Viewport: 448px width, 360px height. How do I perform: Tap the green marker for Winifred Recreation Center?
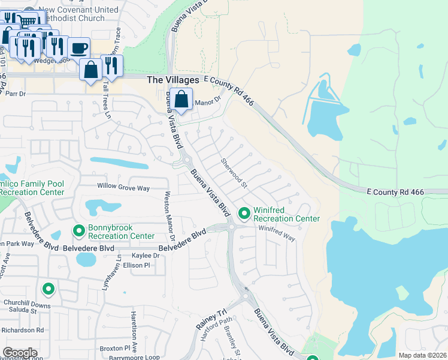(x=244, y=212)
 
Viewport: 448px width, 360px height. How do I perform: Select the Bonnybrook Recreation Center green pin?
(x=78, y=230)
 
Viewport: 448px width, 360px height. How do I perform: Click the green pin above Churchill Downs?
(x=49, y=289)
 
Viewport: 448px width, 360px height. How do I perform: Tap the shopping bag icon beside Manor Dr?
(x=181, y=99)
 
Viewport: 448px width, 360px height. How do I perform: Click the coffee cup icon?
(x=78, y=48)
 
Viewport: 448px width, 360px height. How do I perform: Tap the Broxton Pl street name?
(x=115, y=348)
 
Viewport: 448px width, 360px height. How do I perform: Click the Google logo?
(x=20, y=353)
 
